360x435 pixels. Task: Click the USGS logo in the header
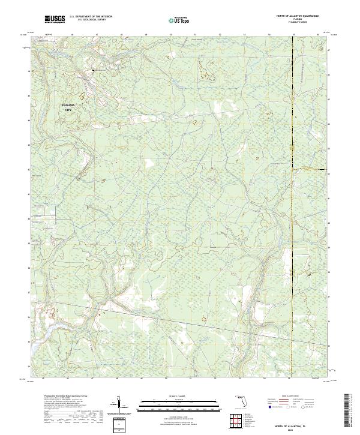tap(55, 20)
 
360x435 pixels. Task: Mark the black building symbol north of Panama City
tap(93, 71)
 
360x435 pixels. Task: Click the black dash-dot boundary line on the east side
tap(292, 180)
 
